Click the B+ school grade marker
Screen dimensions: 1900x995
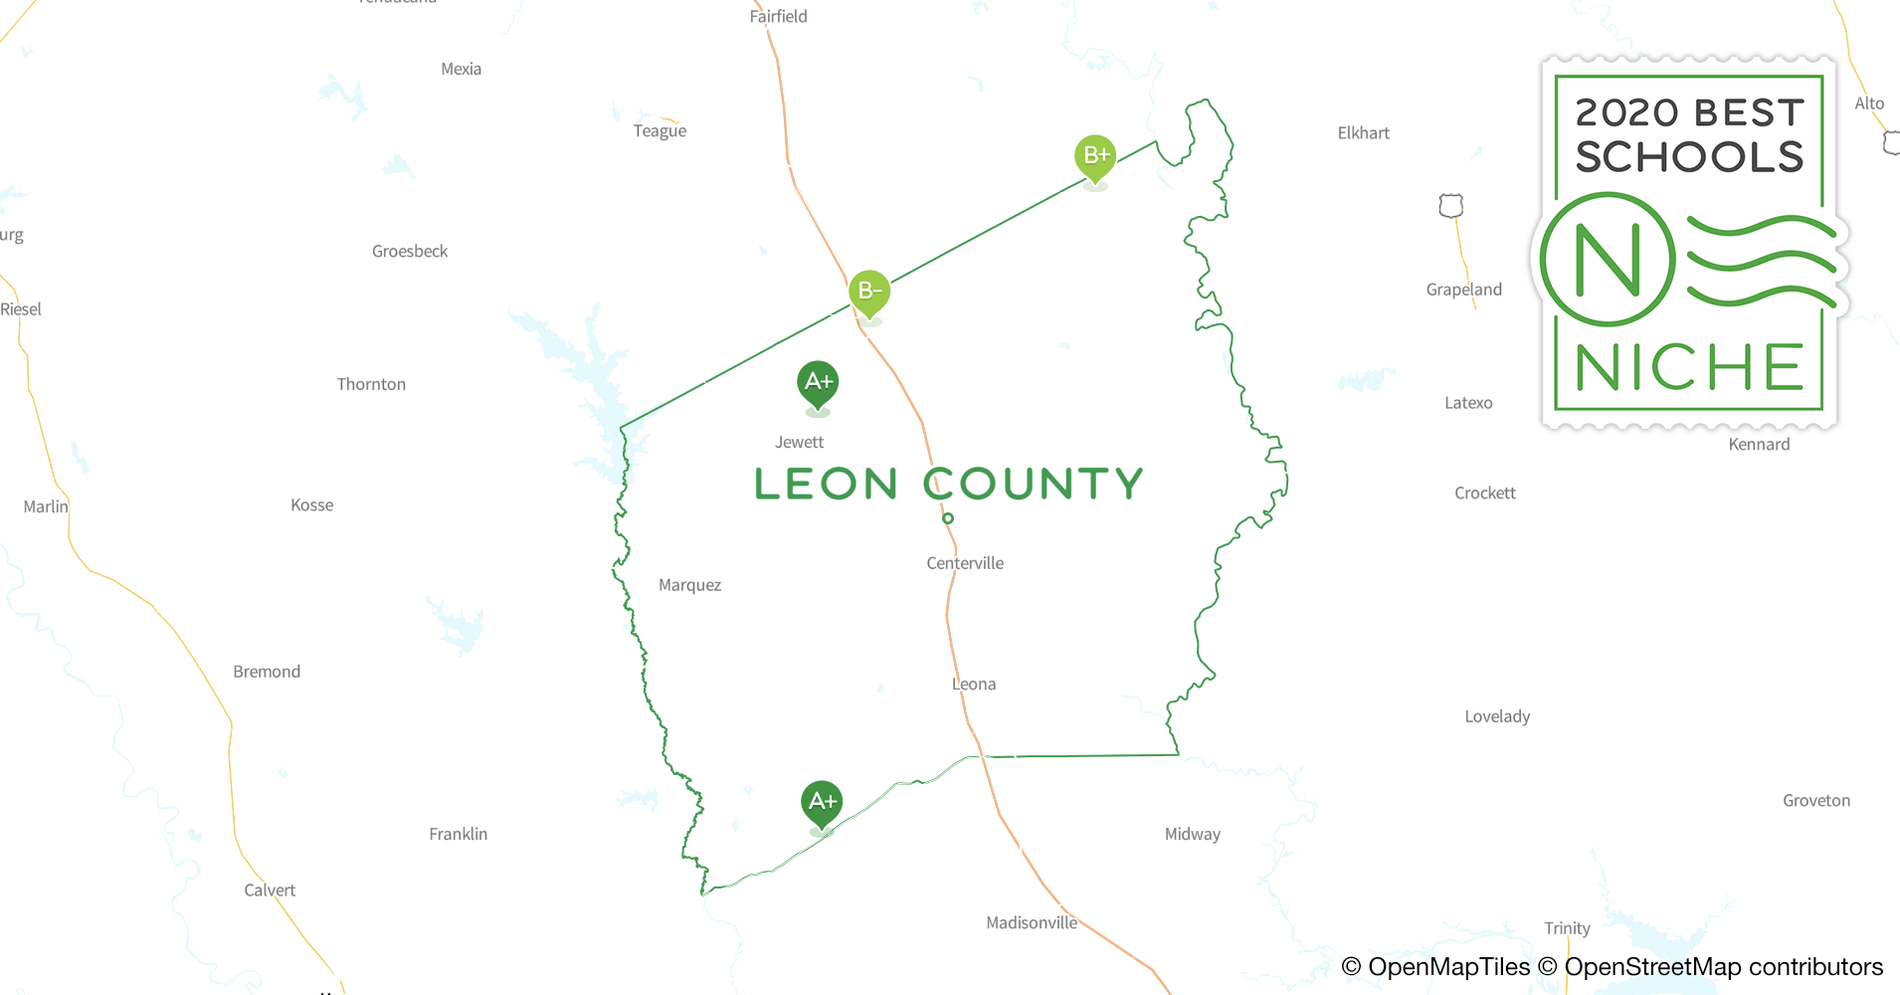click(1095, 156)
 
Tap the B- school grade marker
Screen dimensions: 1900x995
click(869, 292)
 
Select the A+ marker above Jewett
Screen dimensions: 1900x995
click(818, 382)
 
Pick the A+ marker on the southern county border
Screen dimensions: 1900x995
click(822, 802)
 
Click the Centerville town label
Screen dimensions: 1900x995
click(965, 563)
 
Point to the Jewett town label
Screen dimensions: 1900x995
click(799, 442)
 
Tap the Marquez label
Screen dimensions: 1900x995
click(689, 585)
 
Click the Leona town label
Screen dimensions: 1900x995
click(973, 684)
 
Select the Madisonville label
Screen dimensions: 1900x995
click(1032, 922)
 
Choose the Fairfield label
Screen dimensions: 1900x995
click(778, 16)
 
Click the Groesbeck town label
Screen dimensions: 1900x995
click(410, 251)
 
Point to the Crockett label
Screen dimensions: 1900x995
click(1484, 493)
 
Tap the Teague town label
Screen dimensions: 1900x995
click(660, 130)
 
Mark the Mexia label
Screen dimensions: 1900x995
click(461, 69)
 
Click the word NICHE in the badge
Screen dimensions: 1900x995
click(1689, 367)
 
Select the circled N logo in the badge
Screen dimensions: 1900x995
click(1608, 260)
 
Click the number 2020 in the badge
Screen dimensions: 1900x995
click(1625, 112)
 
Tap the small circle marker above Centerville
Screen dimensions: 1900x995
click(948, 518)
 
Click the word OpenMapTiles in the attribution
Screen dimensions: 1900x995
click(1448, 966)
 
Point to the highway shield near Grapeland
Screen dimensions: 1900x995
click(1451, 206)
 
